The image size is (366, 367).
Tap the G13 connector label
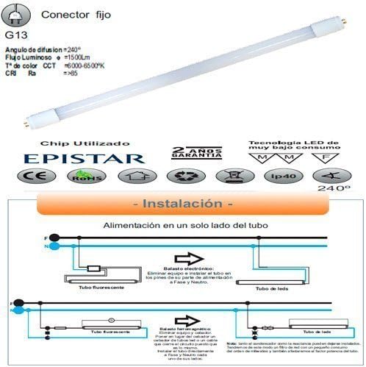[x=14, y=34]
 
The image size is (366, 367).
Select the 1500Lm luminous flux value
[x=79, y=56]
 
